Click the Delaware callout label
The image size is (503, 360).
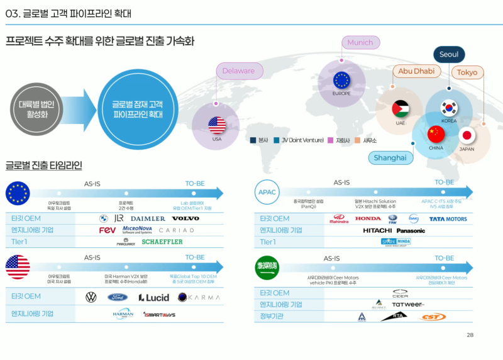[x=238, y=71]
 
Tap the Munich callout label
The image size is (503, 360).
[x=360, y=43]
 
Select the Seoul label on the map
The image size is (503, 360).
[x=448, y=55]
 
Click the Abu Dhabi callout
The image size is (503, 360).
[x=416, y=71]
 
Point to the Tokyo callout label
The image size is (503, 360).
[x=467, y=72]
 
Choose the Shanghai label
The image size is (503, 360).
[x=390, y=157]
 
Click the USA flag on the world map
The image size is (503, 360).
[x=217, y=124]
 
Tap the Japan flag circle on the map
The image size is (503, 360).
[x=467, y=135]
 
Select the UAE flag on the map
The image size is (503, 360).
[x=401, y=109]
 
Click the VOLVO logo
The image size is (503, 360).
[x=185, y=218]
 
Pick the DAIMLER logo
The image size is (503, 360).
[x=148, y=218]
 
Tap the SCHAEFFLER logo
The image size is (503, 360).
[x=162, y=242]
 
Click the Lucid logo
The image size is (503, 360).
[x=154, y=297]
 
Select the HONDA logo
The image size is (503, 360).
[x=368, y=218]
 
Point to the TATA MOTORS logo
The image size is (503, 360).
[x=448, y=219]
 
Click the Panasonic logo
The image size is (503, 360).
[x=411, y=230]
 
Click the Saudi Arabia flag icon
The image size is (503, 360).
[x=267, y=267]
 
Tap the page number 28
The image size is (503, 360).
[x=470, y=335]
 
